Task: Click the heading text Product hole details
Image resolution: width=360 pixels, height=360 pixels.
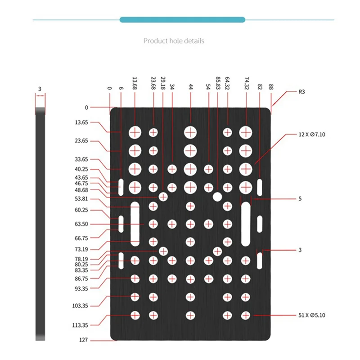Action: (174, 41)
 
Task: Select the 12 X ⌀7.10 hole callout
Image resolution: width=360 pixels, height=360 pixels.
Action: (311, 135)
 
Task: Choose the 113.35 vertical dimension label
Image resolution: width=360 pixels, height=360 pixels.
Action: (82, 325)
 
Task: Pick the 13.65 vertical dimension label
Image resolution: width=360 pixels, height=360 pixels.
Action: (82, 122)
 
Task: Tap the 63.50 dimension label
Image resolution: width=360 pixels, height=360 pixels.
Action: (82, 224)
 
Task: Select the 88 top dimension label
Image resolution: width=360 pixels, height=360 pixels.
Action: (270, 87)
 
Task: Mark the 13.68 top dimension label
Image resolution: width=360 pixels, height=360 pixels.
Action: (135, 83)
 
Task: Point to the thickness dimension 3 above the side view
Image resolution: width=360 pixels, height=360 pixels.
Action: (40, 90)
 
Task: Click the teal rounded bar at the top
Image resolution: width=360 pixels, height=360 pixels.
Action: (182, 19)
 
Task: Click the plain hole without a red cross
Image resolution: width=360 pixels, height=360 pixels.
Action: (217, 196)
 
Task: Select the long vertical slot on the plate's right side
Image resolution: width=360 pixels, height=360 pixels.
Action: (246, 224)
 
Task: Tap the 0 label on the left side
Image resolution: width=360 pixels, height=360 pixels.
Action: (86, 107)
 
